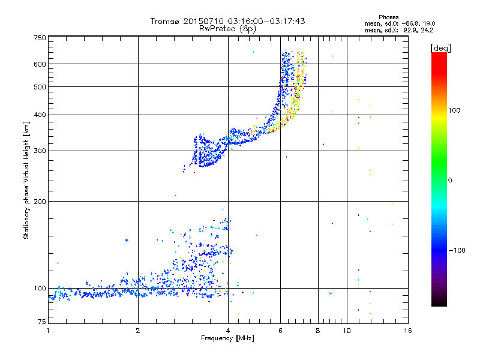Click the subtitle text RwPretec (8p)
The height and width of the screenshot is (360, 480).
[x=229, y=28]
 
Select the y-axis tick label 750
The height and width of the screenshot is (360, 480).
[x=39, y=38]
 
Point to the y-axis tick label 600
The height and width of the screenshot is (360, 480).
[x=39, y=64]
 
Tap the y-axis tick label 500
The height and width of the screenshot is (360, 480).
[x=39, y=87]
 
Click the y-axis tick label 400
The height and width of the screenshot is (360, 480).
[x=39, y=115]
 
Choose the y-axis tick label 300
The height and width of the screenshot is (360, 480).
[x=39, y=151]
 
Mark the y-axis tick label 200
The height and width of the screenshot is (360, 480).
[x=39, y=201]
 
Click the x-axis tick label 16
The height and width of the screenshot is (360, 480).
[x=407, y=331]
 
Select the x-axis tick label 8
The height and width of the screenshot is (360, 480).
[x=318, y=331]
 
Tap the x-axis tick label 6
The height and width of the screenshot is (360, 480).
[x=281, y=331]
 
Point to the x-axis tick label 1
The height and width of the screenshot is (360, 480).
[x=48, y=331]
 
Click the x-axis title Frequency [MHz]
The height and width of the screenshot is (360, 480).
[x=228, y=340]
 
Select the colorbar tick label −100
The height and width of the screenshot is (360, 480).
[x=460, y=250]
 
